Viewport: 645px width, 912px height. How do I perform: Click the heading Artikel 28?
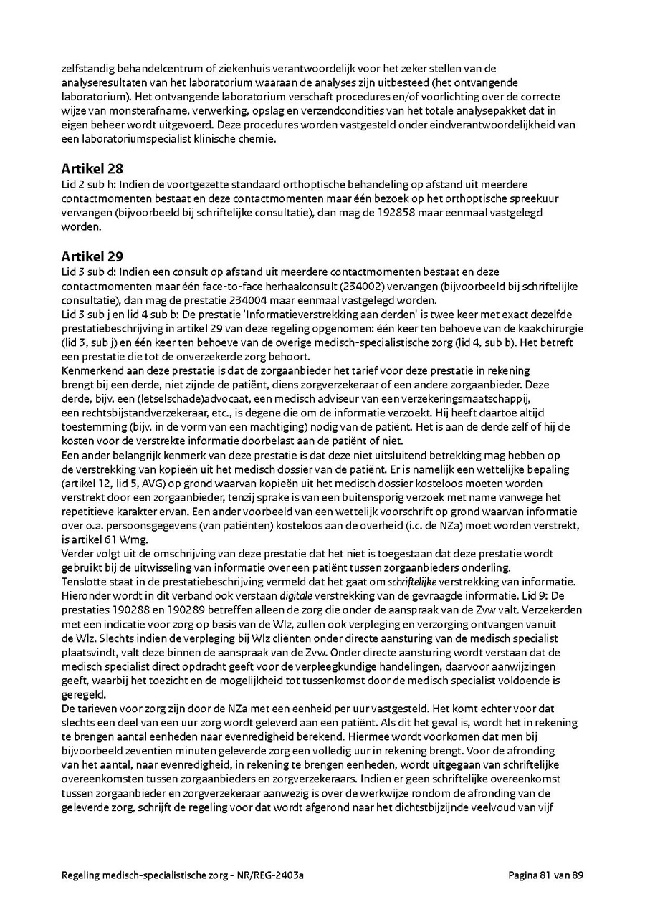pos(92,169)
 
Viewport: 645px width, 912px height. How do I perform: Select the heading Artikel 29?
pos(92,256)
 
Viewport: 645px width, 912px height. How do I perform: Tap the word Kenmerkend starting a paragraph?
pos(91,370)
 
